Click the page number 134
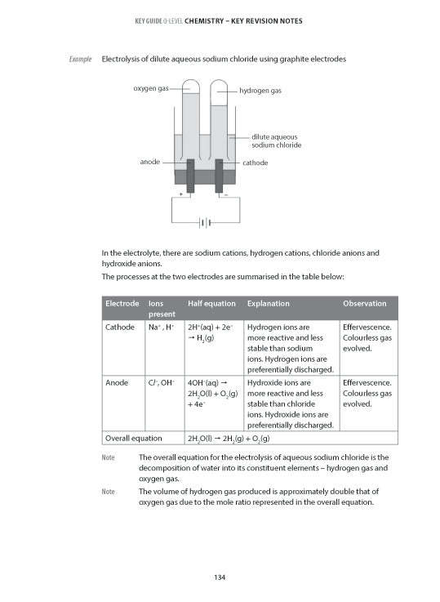click(220, 578)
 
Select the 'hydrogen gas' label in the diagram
click(260, 91)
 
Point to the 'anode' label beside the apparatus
click(149, 162)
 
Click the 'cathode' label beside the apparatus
click(256, 163)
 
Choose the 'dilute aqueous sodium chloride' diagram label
click(276, 140)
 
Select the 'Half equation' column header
click(211, 304)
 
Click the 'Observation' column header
click(365, 304)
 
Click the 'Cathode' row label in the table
click(121, 327)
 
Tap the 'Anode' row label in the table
click(118, 382)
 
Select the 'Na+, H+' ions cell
click(163, 327)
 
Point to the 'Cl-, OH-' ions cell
click(164, 382)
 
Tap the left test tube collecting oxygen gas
click(190, 118)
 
